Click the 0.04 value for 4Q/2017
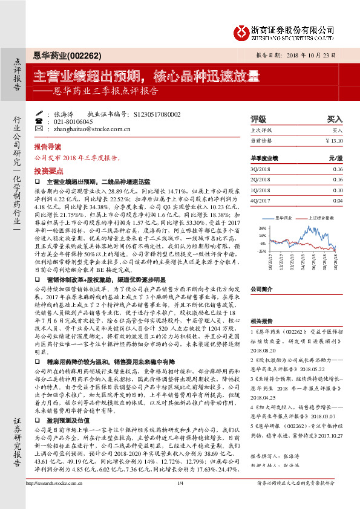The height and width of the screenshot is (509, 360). pos(337,200)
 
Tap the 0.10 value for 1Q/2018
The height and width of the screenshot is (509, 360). pos(337,190)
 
